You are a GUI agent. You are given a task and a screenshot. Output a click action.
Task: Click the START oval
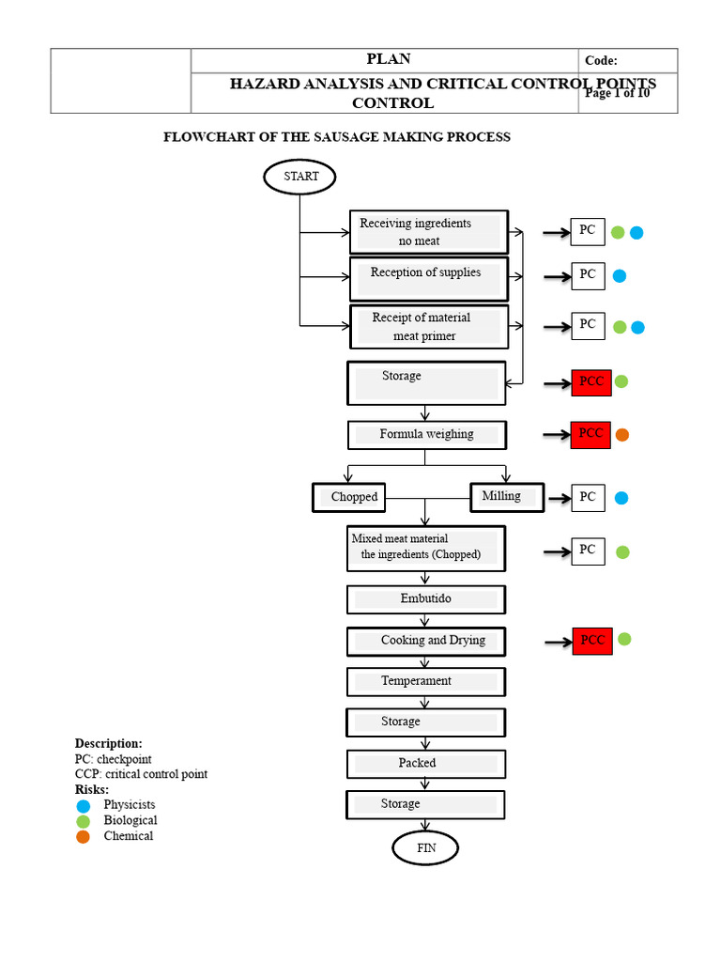299,177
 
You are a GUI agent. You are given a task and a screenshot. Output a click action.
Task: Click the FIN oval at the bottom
426,848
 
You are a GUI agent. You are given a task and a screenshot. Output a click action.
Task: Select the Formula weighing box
427,435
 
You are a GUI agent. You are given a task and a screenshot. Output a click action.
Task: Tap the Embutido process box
426,599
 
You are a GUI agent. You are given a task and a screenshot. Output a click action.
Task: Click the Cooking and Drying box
426,641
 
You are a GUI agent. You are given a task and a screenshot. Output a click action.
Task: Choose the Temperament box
426,681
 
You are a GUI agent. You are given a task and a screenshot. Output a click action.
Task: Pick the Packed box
426,764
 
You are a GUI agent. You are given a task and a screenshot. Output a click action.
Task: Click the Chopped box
350,497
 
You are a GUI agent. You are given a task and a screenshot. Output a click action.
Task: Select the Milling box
507,496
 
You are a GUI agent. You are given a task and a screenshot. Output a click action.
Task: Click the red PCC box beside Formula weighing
591,434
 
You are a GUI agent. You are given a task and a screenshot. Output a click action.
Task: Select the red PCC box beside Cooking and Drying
591,641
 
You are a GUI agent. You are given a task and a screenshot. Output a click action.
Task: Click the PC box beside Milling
588,497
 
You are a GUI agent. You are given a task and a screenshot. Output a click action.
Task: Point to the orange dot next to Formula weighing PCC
621,435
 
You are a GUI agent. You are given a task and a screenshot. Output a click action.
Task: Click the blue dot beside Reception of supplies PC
620,276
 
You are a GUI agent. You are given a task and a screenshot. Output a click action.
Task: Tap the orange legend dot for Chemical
84,837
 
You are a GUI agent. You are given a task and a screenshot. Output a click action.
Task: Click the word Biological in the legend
130,820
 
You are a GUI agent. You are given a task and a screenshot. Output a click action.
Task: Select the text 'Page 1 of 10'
617,93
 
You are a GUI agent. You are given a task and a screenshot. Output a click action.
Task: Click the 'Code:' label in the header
601,61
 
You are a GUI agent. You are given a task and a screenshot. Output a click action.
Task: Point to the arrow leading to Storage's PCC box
558,383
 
